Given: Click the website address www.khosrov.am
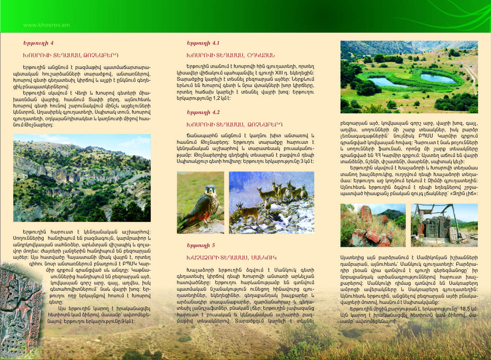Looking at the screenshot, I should pos(46,25).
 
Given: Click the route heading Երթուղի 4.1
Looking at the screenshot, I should pos(203,43).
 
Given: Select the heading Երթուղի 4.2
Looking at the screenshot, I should pos(203,112).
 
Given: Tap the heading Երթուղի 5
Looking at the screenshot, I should pos(201,245).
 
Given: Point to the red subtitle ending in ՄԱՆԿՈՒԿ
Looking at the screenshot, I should pos(231,257).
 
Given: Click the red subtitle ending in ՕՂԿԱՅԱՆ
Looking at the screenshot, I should pos(230,55).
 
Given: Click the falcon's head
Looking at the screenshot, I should pos(211,190).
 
